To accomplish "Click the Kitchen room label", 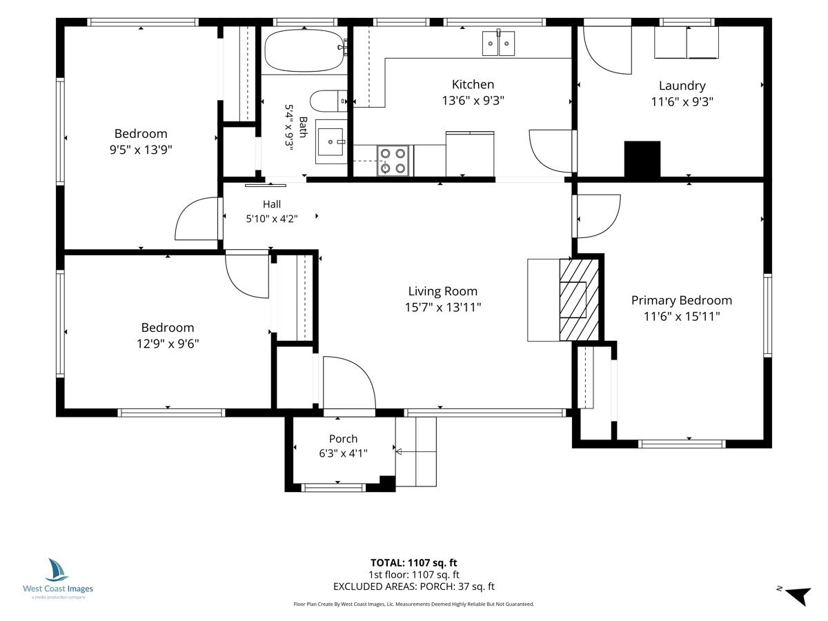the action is pyautogui.click(x=473, y=84).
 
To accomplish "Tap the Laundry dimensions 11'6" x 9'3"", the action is pyautogui.click(x=682, y=102).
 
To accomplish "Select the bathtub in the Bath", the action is pyautogui.click(x=305, y=50).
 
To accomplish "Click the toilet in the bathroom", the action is pyautogui.click(x=328, y=101).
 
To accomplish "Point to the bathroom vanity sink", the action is pyautogui.click(x=331, y=141).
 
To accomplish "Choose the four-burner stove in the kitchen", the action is pyautogui.click(x=393, y=161).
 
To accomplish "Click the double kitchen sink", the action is pyautogui.click(x=498, y=43).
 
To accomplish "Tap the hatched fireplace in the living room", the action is pyautogui.click(x=579, y=299).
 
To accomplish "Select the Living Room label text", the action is pyautogui.click(x=443, y=291).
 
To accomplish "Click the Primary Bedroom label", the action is pyautogui.click(x=682, y=300).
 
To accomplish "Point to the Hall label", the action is pyautogui.click(x=272, y=204).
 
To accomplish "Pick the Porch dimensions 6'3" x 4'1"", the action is pyautogui.click(x=343, y=453).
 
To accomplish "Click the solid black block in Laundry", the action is pyautogui.click(x=642, y=159).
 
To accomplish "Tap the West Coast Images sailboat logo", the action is pyautogui.click(x=56, y=570).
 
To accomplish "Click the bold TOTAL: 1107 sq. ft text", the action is pyautogui.click(x=414, y=563).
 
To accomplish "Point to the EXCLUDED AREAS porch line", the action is pyautogui.click(x=414, y=586).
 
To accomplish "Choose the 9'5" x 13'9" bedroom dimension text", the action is pyautogui.click(x=141, y=150).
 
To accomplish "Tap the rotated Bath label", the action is pyautogui.click(x=303, y=128).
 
